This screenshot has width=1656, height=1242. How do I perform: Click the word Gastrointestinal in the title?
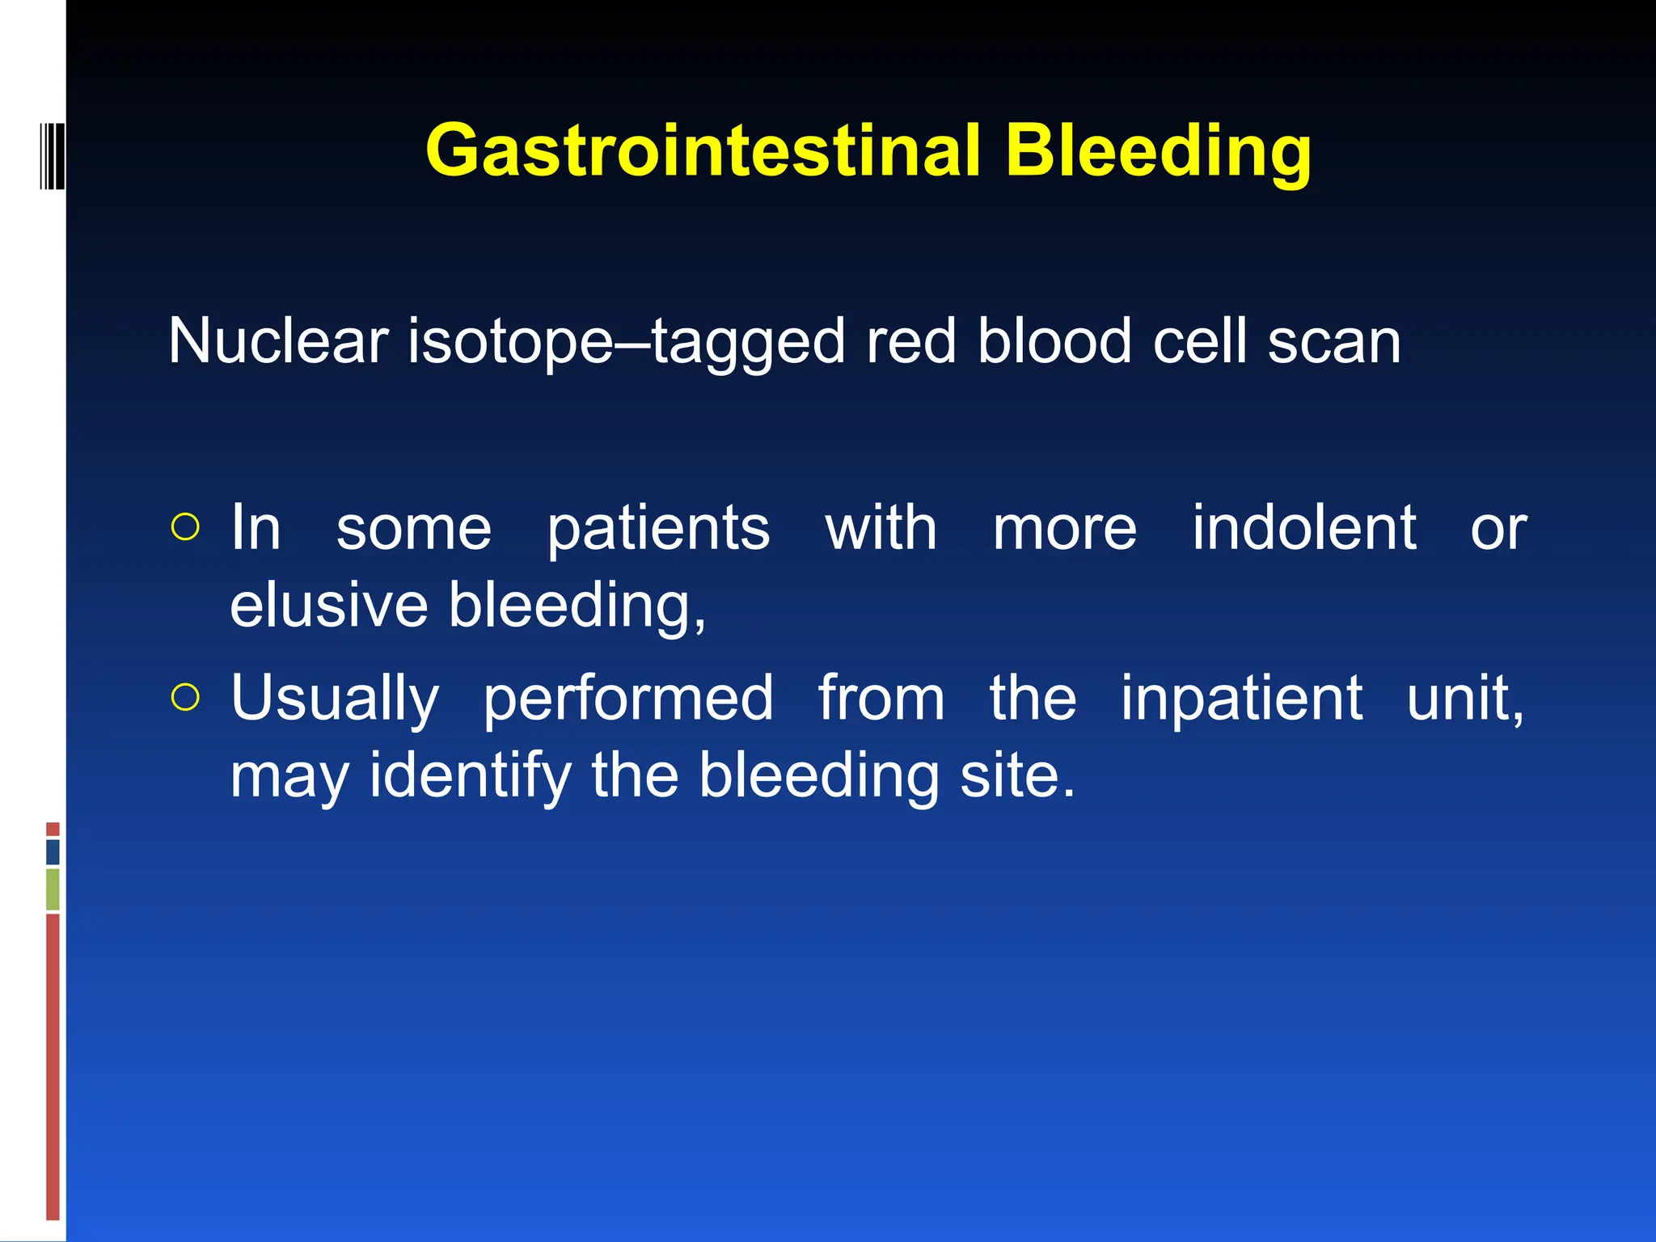[x=702, y=151]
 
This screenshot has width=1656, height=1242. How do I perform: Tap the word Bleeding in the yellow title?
[x=1158, y=151]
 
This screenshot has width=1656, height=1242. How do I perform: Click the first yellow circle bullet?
[x=185, y=527]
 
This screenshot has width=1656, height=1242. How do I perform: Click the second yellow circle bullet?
[x=185, y=697]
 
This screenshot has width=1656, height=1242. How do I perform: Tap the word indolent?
[x=1303, y=527]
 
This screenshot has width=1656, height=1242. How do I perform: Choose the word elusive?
[x=328, y=605]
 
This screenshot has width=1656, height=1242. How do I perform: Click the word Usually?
[x=335, y=699]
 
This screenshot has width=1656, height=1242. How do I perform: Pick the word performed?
[x=628, y=699]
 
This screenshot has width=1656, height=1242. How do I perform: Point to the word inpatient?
[x=1241, y=699]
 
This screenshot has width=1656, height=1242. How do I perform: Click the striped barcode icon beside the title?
[x=52, y=155]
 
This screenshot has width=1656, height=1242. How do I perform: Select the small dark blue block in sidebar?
[x=53, y=851]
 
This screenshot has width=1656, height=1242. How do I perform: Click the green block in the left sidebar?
[x=53, y=889]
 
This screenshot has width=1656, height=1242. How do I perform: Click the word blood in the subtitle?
[x=1054, y=341]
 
